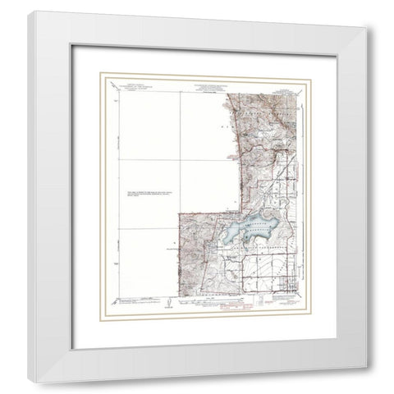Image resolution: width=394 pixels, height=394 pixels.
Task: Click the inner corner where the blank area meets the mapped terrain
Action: point(179,212)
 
